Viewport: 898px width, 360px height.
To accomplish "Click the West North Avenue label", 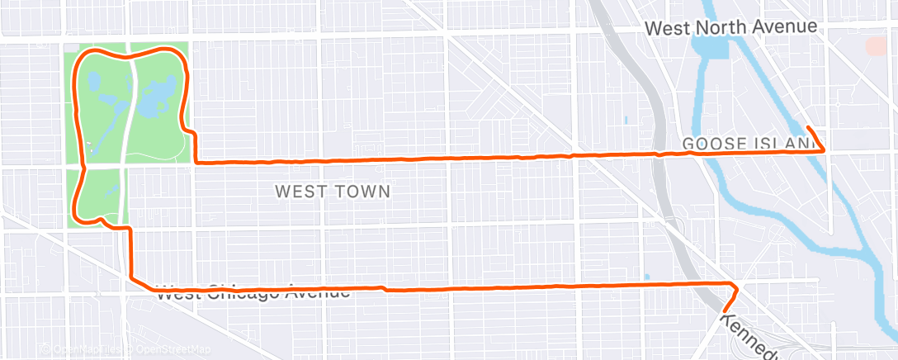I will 730,27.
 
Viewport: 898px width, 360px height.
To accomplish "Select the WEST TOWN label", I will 332,192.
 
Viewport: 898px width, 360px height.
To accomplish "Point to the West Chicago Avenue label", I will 253,292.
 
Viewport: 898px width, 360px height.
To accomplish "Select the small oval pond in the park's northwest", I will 92,82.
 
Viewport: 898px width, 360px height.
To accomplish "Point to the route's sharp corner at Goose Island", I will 825,150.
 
